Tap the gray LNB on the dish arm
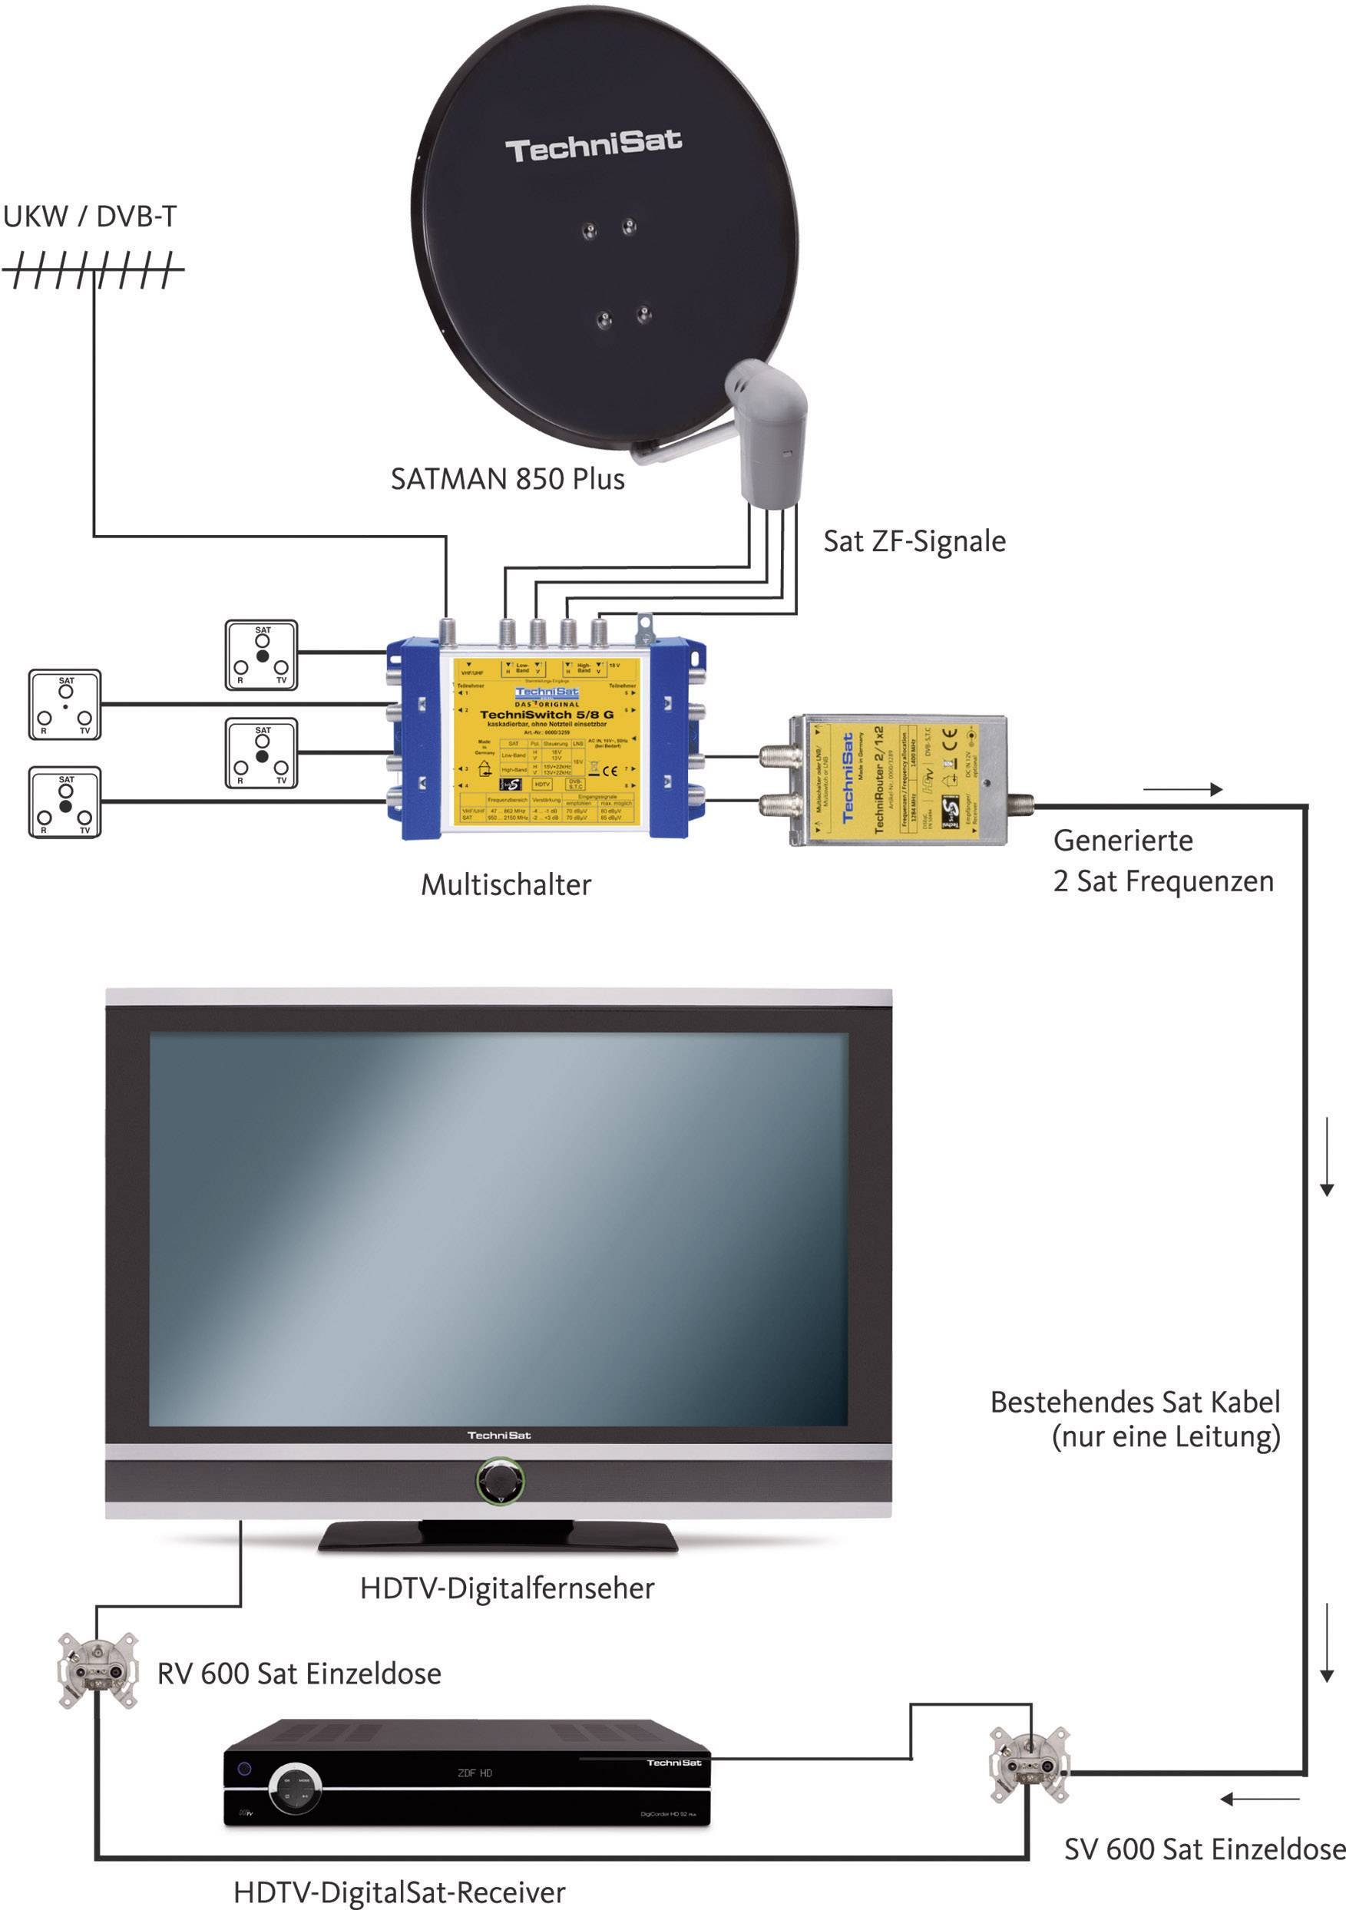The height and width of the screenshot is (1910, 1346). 768,437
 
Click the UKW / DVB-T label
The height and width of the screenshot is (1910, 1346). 90,217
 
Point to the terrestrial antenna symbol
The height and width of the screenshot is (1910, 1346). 93,270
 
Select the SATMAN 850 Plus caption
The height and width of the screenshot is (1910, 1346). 508,480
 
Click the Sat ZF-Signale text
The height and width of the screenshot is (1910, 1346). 914,541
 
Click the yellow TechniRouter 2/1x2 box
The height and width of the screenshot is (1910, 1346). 897,780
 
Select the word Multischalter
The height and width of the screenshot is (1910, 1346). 506,885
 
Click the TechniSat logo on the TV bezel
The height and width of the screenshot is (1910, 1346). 498,1435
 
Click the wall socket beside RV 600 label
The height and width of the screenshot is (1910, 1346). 98,1670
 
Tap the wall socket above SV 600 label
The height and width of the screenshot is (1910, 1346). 1029,1764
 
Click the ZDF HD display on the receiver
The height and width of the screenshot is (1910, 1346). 475,1773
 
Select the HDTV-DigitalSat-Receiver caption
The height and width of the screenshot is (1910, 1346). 399,1892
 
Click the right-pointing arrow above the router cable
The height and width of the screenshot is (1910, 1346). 1182,789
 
